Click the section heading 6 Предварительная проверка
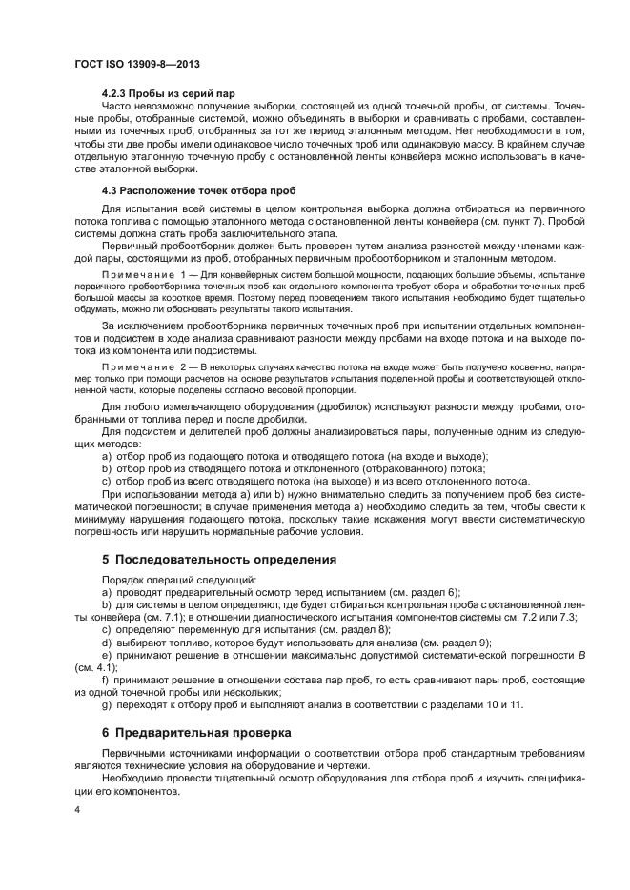tap(198, 732)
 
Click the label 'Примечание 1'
tap(145, 275)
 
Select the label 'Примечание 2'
tap(145, 365)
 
